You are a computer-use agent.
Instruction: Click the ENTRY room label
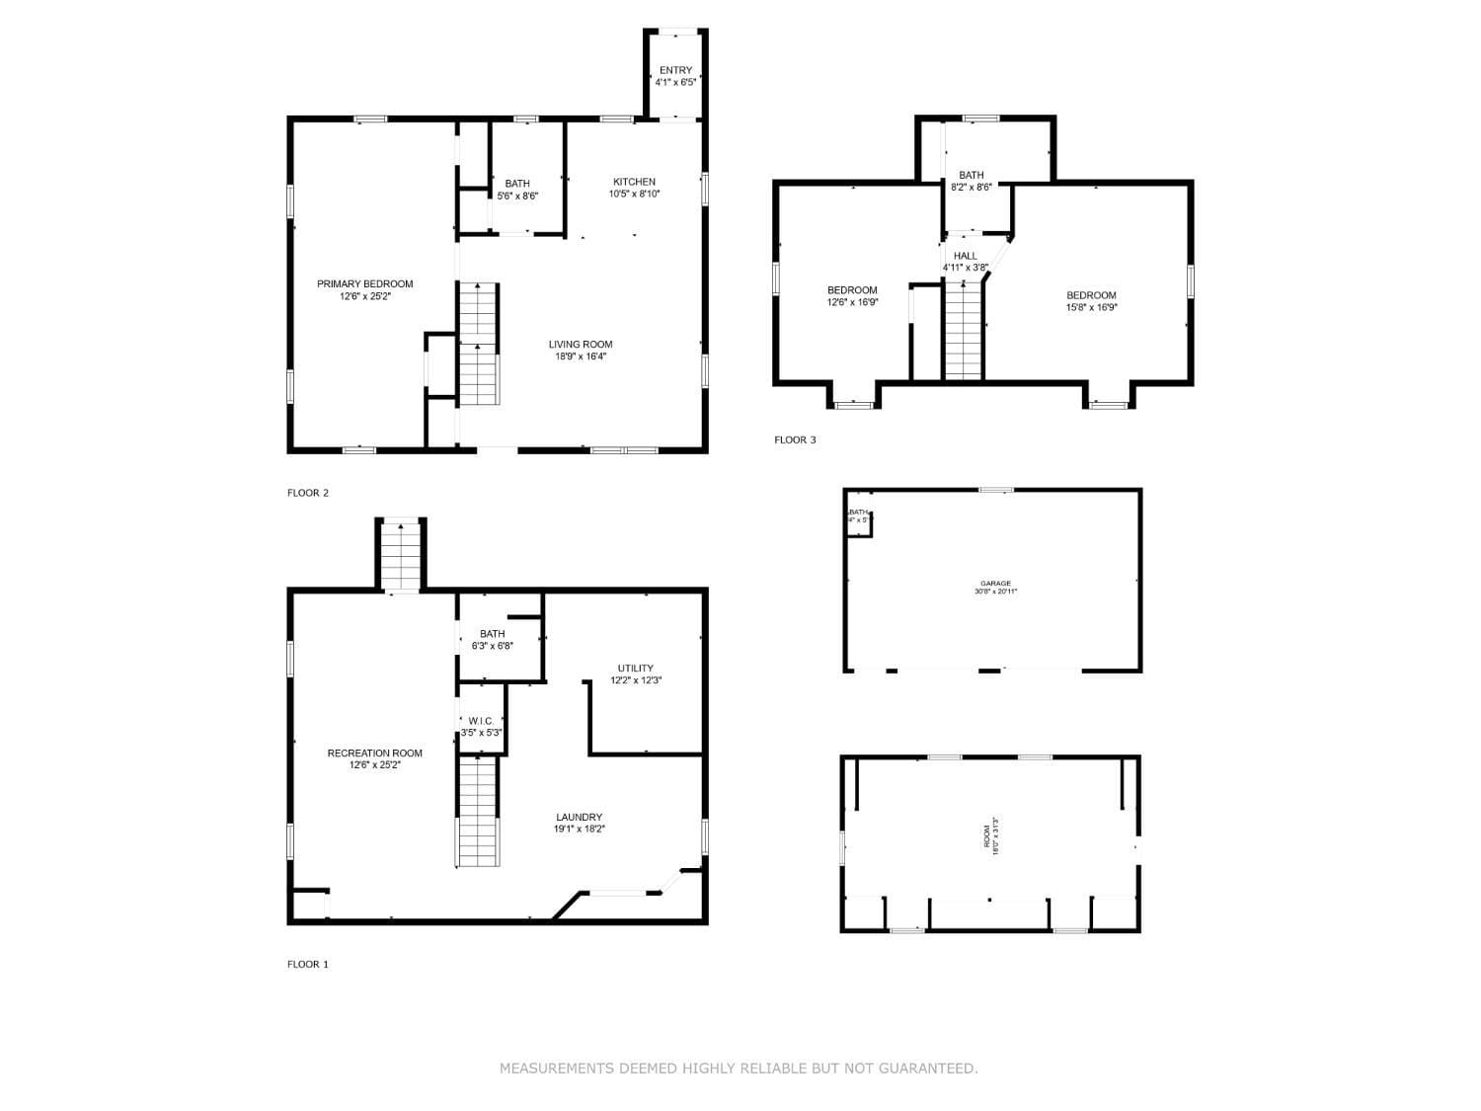pos(675,70)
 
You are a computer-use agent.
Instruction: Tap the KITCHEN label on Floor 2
pos(634,182)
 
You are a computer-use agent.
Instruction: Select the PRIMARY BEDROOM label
pos(364,283)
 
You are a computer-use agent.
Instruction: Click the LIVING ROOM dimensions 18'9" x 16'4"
pos(580,357)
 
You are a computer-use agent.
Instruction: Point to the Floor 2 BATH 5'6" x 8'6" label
pos(517,190)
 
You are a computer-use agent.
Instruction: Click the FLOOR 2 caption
pos(307,493)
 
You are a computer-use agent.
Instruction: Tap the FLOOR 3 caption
pos(795,439)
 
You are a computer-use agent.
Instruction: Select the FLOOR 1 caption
pos(307,964)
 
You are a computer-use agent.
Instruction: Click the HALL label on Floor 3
pos(965,256)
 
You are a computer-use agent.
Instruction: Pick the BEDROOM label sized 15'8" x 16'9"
pos(1091,295)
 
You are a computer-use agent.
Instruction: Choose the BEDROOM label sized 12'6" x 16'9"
pos(852,290)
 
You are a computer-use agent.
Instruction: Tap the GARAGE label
pos(995,584)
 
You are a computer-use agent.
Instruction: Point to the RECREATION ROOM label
pos(374,753)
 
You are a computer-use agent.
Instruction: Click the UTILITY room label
pos(635,669)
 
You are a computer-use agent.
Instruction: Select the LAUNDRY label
pos(579,817)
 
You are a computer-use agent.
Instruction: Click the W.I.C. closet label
pos(481,721)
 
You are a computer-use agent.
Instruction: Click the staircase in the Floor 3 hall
pos(964,330)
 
